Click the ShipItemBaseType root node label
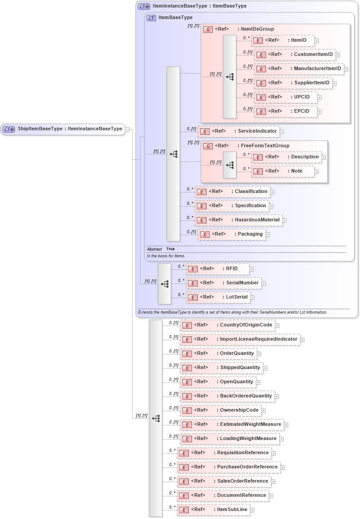70,129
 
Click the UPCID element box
286,97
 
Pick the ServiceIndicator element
238,131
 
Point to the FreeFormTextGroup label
265,145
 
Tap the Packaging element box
231,234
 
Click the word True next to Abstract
170,249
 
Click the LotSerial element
218,297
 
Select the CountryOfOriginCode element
227,325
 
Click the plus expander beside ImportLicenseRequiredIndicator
302,340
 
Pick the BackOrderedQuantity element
227,396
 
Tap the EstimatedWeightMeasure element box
231,425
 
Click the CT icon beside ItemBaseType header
151,18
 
